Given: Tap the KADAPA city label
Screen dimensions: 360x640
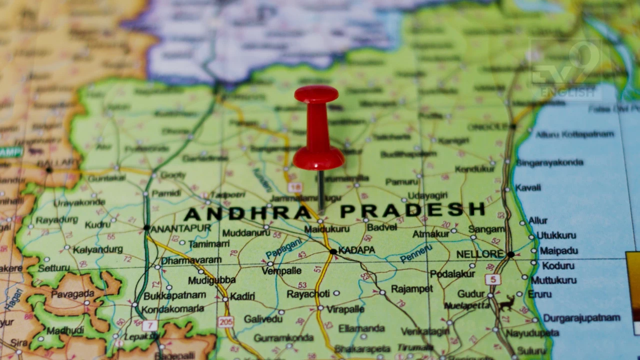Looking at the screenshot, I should click(x=357, y=249).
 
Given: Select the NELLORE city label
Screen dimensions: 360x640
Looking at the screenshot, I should click(x=479, y=254).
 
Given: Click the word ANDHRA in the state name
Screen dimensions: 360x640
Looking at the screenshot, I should click(x=247, y=213).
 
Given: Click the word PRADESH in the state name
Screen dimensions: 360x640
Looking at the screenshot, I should click(x=412, y=210).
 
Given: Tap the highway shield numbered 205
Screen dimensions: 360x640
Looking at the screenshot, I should click(x=226, y=322).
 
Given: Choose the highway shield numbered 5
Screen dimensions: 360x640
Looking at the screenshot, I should click(x=492, y=279).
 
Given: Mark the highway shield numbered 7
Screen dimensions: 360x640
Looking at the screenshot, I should click(x=149, y=325).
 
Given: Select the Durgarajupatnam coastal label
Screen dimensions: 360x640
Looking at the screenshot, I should click(x=581, y=318).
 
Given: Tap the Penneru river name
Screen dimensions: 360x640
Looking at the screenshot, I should click(x=416, y=253).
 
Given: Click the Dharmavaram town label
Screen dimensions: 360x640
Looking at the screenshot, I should click(x=191, y=260).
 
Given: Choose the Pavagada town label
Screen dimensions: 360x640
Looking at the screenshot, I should click(x=72, y=294).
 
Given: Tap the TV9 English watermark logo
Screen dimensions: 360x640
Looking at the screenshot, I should click(x=565, y=70).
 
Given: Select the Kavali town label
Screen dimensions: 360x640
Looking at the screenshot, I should click(x=528, y=188).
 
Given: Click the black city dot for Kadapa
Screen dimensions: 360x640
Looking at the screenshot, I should click(x=333, y=251).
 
